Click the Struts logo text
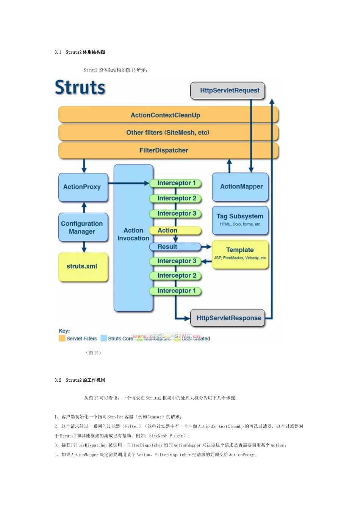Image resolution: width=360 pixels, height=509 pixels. pyautogui.click(x=80, y=87)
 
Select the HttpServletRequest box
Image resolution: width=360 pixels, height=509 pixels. pyautogui.click(x=228, y=91)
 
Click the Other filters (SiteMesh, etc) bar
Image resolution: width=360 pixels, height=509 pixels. pyautogui.click(x=168, y=133)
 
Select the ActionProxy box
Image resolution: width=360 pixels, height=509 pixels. pyautogui.click(x=83, y=187)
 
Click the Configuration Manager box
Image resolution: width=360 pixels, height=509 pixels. pyautogui.click(x=83, y=228)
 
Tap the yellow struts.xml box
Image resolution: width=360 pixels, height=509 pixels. pyautogui.click(x=83, y=267)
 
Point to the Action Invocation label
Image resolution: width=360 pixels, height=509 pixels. pyautogui.click(x=133, y=234)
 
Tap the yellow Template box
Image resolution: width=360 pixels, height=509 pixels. pyautogui.click(x=240, y=254)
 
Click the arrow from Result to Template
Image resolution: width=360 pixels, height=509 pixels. pyautogui.click(x=206, y=247)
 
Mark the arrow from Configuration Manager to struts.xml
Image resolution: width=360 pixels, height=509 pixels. pyautogui.click(x=84, y=247)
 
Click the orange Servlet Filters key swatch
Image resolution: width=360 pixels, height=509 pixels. pyautogui.click(x=62, y=338)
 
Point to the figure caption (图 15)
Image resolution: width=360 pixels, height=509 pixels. pyautogui.click(x=93, y=353)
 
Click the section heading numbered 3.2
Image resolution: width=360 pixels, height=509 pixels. pyautogui.click(x=80, y=380)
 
